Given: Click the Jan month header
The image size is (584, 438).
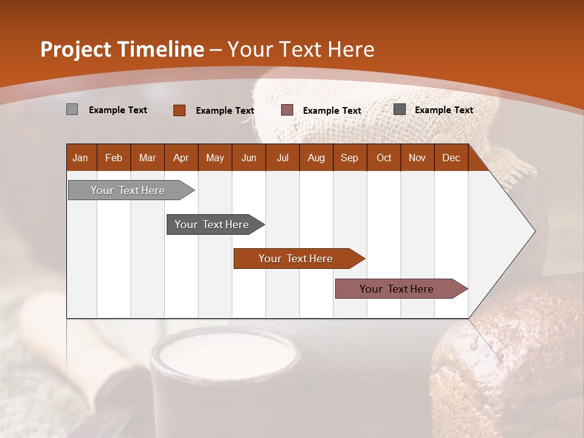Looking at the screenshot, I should pos(80,158).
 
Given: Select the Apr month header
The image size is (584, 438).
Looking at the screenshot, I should pos(181,158).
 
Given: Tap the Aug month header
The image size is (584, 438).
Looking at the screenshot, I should pos(316,158).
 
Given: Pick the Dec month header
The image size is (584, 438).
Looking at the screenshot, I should pos(451,158).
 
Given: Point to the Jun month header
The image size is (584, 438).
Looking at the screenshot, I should pos(249,158).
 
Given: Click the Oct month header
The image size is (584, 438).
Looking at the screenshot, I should pos(384,158).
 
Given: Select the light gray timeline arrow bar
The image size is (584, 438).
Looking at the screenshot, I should pos(128,190).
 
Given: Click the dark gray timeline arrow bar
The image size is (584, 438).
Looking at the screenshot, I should pos(212,224).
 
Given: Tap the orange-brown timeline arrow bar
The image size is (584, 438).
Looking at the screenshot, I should pos(296,259).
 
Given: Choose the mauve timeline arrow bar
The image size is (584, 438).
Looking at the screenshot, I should pos(397,289).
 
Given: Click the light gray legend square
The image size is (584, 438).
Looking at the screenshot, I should pos(72,109).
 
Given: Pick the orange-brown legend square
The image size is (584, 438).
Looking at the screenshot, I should pos(179,110).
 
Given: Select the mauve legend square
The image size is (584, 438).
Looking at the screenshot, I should pos(287,110).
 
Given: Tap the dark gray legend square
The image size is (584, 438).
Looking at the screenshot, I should pos(399,109).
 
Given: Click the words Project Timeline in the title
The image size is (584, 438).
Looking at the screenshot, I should pos(122,49).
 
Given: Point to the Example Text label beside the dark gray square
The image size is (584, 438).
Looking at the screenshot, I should pos(443,110).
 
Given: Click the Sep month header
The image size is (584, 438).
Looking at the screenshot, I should pos(349,158).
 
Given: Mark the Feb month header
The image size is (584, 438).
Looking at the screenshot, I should pos(114,158).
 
